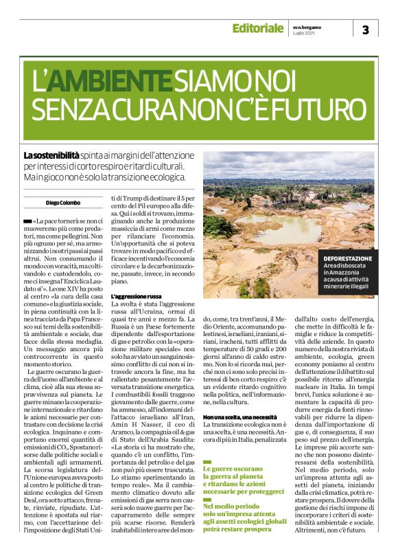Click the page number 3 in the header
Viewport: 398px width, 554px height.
pos(365,29)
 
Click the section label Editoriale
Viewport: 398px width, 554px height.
pos(257,28)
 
